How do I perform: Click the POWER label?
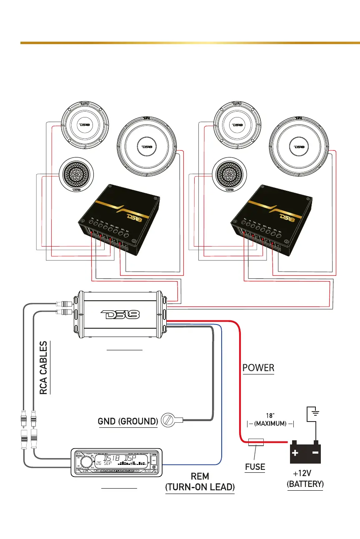pos(258,368)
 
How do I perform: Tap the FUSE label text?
pos(255,467)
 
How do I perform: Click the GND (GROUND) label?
pos(127,421)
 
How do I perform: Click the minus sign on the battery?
pos(315,453)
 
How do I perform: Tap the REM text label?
pos(200,476)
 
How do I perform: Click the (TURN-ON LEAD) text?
pos(200,487)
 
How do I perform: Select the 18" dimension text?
pos(270,415)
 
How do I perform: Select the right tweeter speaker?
pos(229,175)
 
